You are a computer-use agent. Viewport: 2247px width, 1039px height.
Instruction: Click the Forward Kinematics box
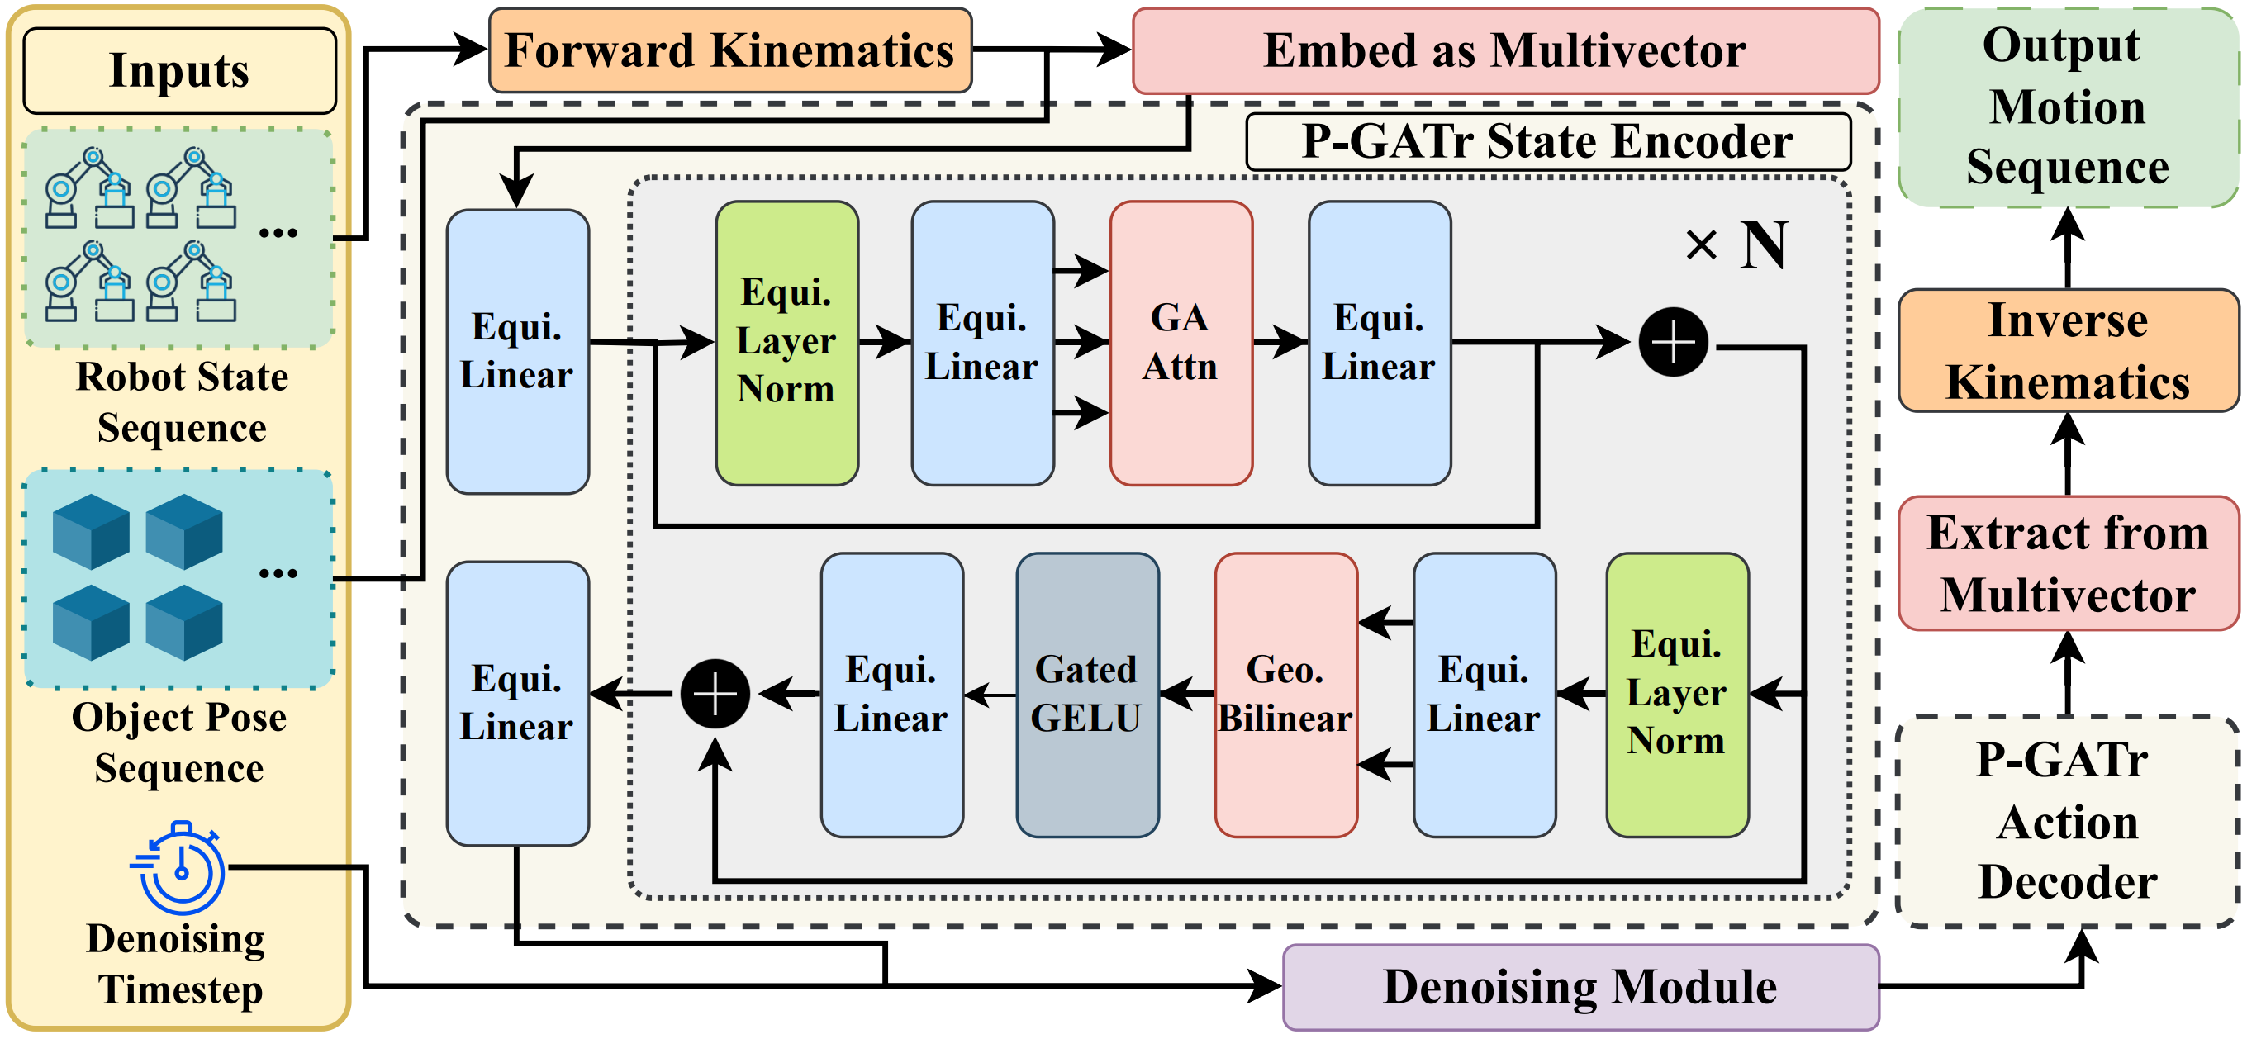point(729,50)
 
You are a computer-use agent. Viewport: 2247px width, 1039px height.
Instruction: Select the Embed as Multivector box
point(1504,50)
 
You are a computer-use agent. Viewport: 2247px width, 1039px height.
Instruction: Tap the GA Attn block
point(1181,343)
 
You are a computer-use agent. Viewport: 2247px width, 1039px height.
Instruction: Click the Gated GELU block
point(1087,695)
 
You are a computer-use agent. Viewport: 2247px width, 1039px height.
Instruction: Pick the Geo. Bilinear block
point(1285,695)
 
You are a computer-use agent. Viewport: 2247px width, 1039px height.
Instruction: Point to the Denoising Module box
point(1580,987)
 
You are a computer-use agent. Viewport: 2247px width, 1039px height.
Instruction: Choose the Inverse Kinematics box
point(2067,351)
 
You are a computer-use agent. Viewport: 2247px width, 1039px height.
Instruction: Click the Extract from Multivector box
point(2067,563)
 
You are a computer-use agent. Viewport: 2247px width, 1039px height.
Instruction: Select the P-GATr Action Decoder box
point(2067,822)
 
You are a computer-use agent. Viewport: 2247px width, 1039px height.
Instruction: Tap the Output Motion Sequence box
point(2067,107)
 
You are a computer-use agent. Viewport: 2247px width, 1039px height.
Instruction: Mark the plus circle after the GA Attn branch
point(1672,342)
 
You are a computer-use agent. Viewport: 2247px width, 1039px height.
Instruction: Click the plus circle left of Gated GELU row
point(715,695)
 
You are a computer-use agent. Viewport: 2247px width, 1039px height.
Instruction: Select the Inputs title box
point(180,71)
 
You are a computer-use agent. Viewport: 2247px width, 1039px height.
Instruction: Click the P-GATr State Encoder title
point(1547,141)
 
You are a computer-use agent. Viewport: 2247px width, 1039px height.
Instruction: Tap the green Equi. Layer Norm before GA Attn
point(786,343)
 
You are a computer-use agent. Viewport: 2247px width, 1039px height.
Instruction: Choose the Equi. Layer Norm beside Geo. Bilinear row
point(1676,695)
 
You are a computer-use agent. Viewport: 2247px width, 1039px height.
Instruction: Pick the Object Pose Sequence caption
point(180,743)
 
